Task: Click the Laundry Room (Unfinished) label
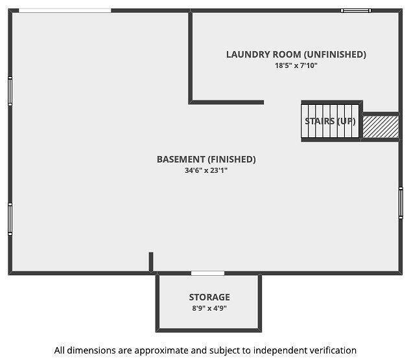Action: (x=296, y=54)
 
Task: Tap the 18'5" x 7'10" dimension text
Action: (x=296, y=65)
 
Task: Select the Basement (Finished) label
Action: (x=206, y=159)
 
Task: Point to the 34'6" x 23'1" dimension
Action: (x=206, y=170)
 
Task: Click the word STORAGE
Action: (x=209, y=297)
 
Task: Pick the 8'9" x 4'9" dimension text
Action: (x=209, y=308)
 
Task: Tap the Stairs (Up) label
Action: (x=330, y=121)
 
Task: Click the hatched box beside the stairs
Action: (x=381, y=127)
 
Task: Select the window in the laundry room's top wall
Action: (x=356, y=10)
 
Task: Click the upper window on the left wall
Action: (x=10, y=91)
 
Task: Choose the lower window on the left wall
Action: (x=10, y=219)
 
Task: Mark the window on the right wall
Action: (x=401, y=203)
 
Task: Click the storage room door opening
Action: (x=207, y=273)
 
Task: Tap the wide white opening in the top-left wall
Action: (x=65, y=10)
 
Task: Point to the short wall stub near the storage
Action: (x=151, y=262)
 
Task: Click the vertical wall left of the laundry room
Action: (x=191, y=56)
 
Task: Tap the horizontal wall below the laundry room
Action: (x=226, y=102)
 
